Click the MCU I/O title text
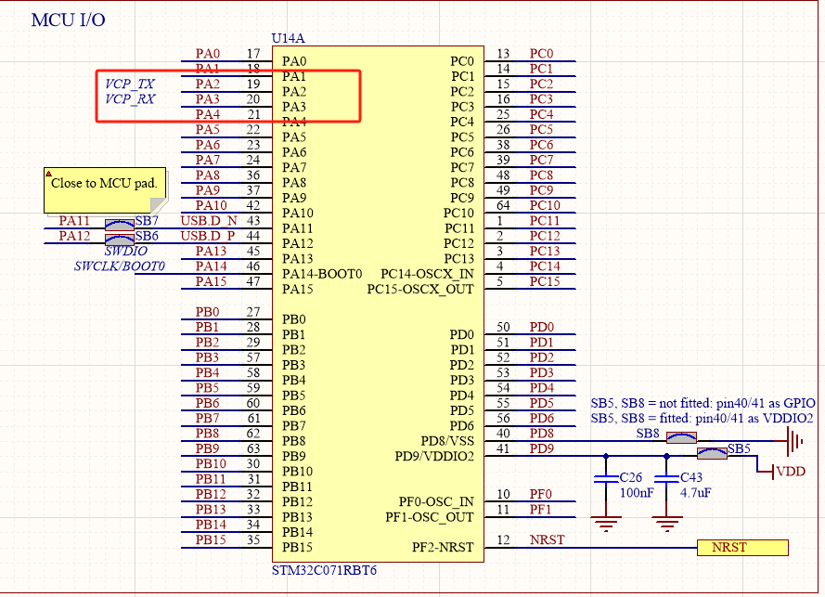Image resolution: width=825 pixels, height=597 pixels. [x=68, y=19]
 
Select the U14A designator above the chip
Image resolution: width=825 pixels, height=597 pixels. [x=288, y=38]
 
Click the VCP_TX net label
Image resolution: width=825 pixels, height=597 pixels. [x=130, y=84]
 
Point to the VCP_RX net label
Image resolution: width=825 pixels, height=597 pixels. [x=130, y=99]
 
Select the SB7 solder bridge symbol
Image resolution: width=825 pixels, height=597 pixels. [x=119, y=224]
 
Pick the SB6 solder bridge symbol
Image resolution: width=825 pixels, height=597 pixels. [x=119, y=238]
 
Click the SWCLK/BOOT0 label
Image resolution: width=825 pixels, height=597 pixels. [x=119, y=266]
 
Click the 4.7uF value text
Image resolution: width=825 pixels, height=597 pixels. [x=698, y=492]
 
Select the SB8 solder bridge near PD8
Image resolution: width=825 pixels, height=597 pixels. [x=683, y=437]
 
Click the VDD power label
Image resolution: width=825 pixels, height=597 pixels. [x=791, y=472]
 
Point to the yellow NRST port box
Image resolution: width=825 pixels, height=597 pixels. [x=741, y=548]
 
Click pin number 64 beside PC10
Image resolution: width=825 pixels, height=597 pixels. [x=503, y=205]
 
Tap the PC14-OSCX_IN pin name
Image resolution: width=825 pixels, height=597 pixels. [x=427, y=274]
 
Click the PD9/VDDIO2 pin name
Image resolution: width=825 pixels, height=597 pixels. [x=434, y=457]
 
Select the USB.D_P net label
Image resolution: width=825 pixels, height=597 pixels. [x=209, y=236]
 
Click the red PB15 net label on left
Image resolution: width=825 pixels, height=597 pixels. [x=211, y=539]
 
